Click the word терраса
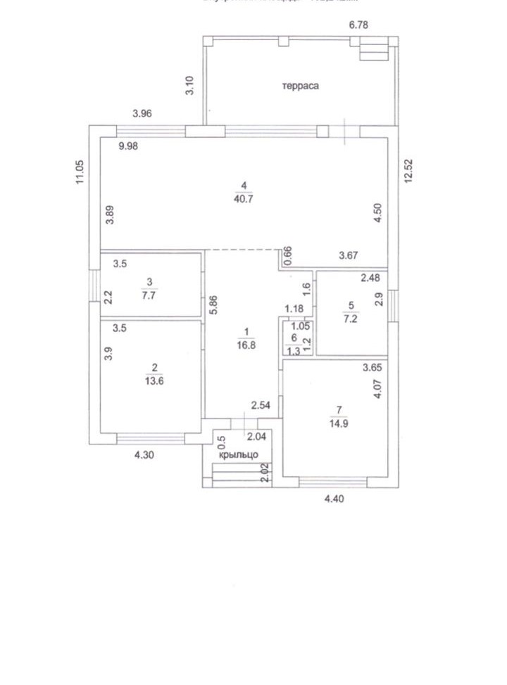point(301,86)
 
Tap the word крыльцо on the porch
point(239,455)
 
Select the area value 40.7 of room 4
point(244,198)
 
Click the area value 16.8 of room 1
point(246,345)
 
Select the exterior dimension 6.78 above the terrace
point(359,25)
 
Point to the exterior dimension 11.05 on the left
point(80,172)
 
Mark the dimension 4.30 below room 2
point(145,455)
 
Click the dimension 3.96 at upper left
point(142,113)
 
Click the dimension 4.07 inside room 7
point(377,390)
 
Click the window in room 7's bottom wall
point(332,481)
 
